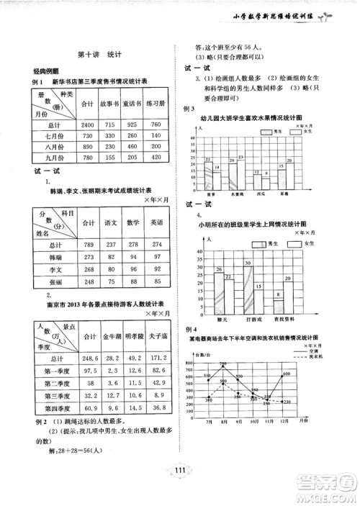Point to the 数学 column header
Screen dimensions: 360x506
(x=133, y=223)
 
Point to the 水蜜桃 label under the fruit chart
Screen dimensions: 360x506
(x=235, y=194)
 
